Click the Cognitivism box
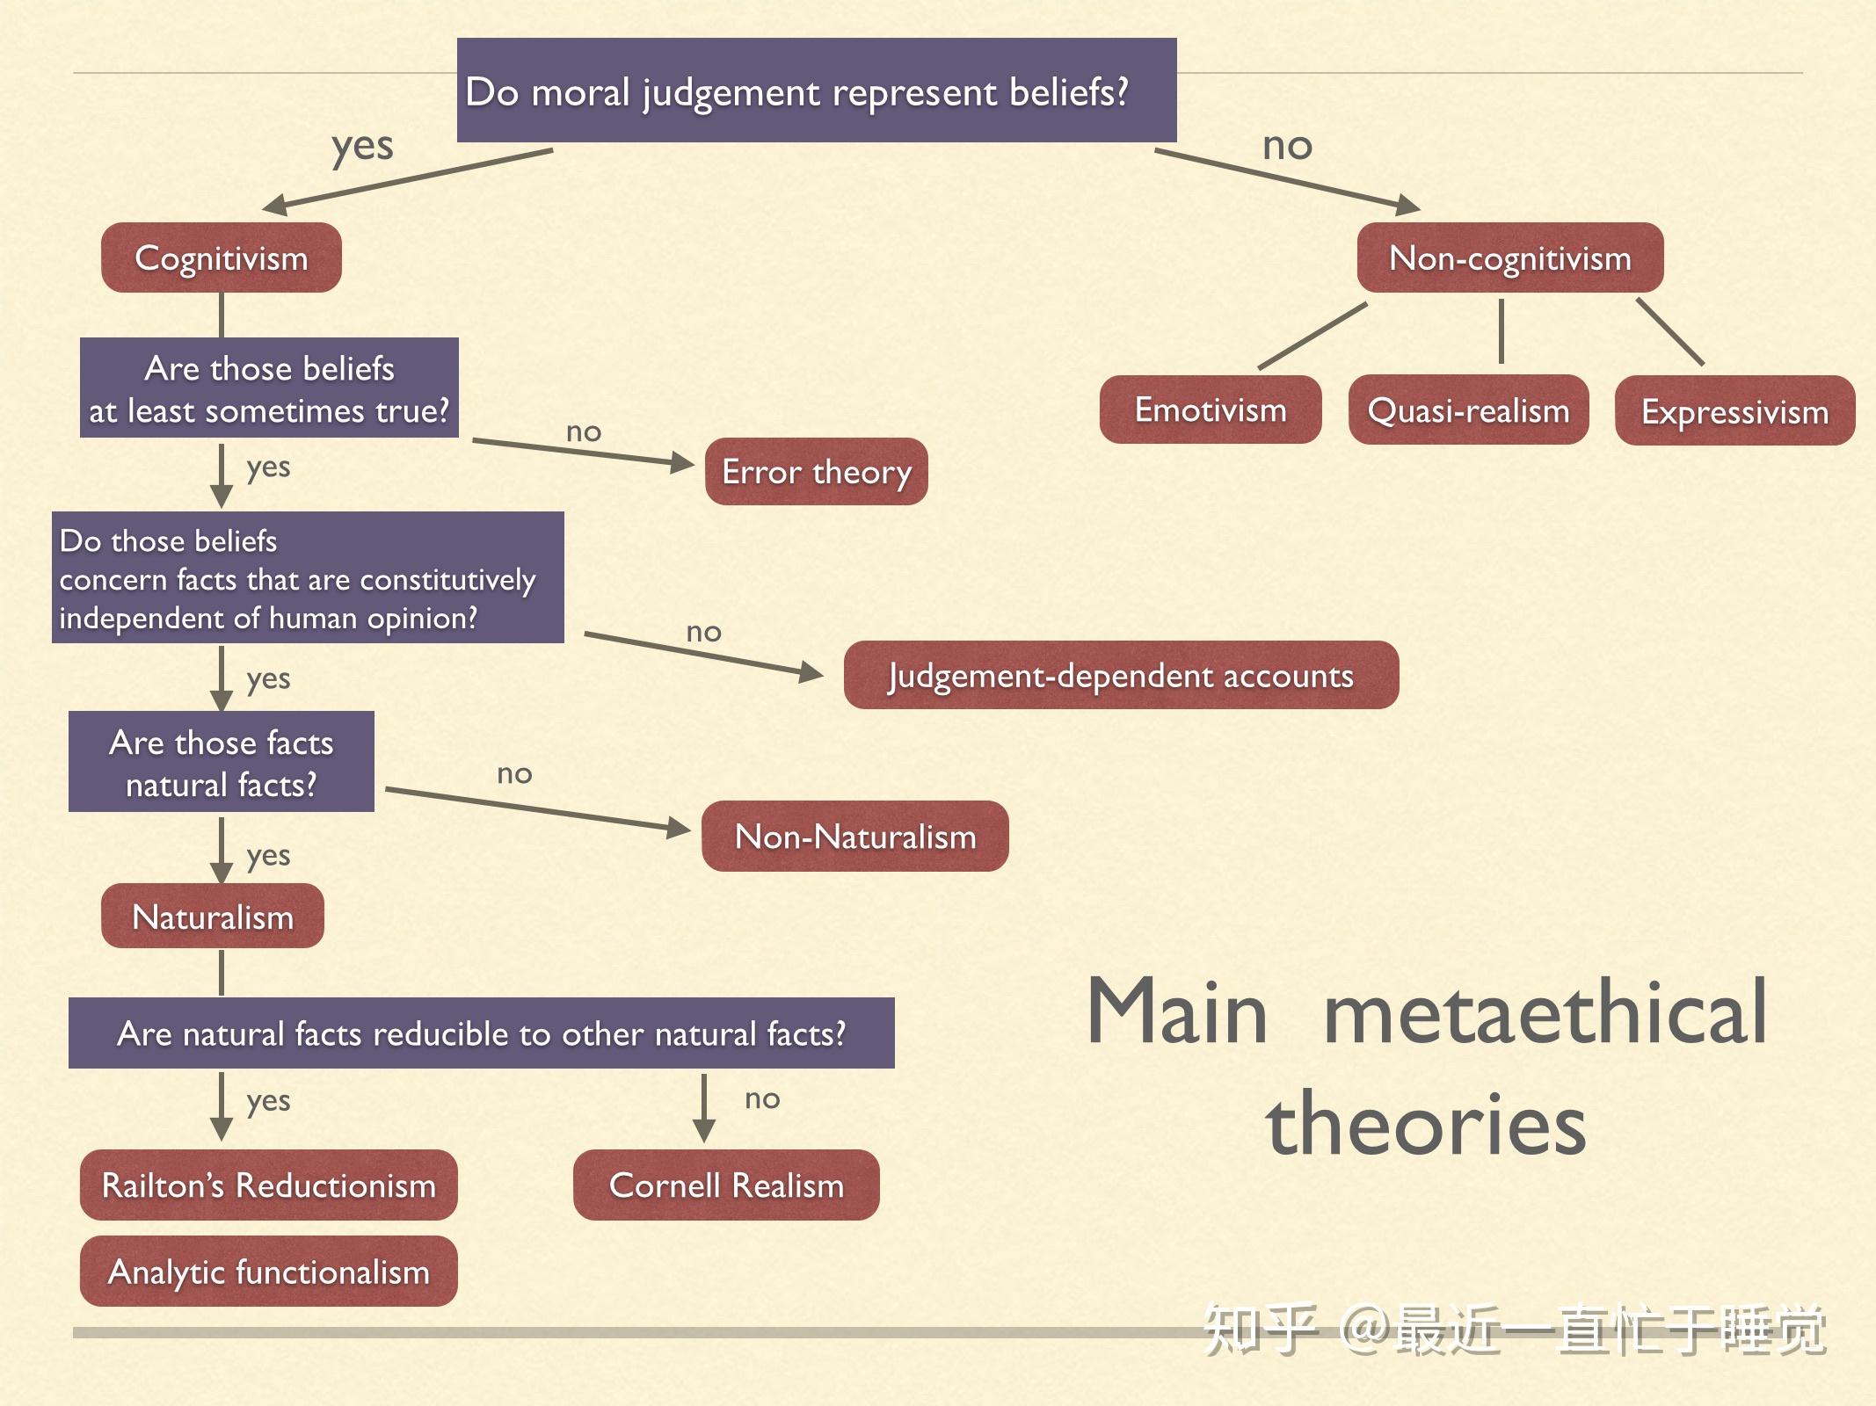(x=221, y=257)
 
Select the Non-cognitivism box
(x=1509, y=257)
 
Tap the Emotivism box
(x=1210, y=409)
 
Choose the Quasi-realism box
(x=1468, y=409)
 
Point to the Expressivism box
(x=1734, y=411)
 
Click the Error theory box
(x=816, y=472)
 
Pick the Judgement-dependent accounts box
(x=1121, y=675)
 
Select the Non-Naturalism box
(x=854, y=836)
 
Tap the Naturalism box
(x=212, y=917)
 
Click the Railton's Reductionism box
(x=268, y=1185)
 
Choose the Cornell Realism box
(x=726, y=1185)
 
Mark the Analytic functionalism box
(x=268, y=1271)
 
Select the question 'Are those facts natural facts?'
(x=221, y=762)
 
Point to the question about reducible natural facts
(x=481, y=1033)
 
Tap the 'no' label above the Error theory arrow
(x=583, y=431)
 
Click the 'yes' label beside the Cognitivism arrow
(x=362, y=147)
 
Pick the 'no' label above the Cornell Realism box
(x=761, y=1098)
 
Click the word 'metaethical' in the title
(x=1545, y=1012)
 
